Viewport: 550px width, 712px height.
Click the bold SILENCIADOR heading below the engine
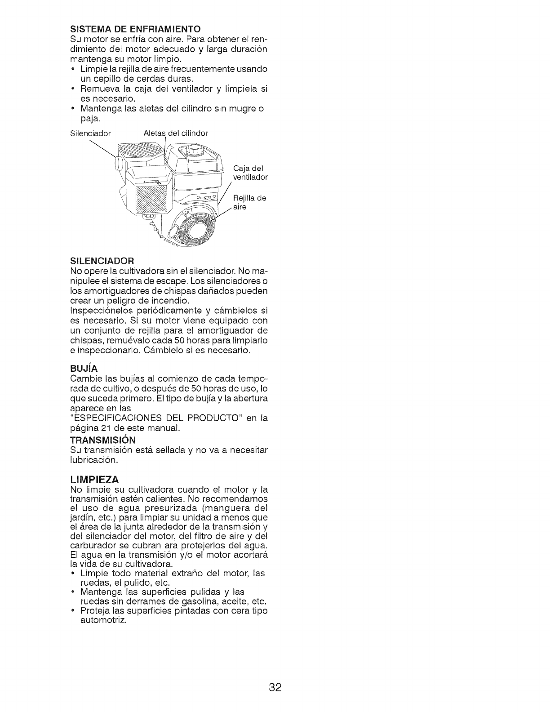click(x=102, y=261)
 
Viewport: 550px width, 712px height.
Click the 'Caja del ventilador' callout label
click(x=250, y=173)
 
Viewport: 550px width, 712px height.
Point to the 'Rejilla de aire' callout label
click(x=250, y=203)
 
